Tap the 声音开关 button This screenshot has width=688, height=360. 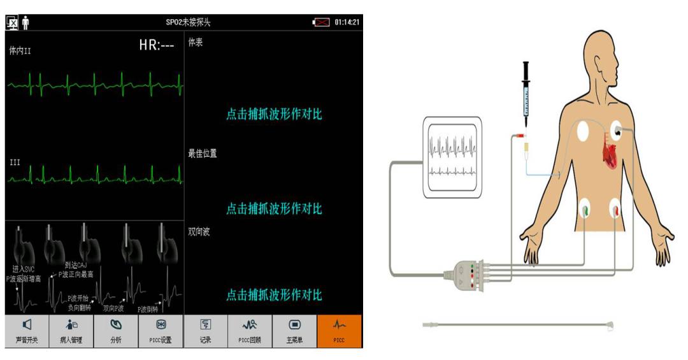tap(27, 331)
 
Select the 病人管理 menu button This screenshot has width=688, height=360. tap(71, 331)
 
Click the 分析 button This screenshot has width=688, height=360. tap(116, 331)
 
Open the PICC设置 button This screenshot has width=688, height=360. tap(161, 331)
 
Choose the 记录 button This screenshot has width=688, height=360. tap(205, 331)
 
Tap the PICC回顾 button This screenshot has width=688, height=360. tap(250, 331)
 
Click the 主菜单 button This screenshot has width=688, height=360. tap(294, 331)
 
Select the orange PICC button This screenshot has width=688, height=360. tap(339, 331)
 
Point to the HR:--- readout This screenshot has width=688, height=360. tap(156, 46)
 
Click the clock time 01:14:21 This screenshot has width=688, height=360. tap(347, 22)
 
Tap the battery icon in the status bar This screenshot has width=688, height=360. tap(320, 22)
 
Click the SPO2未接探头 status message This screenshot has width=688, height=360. tap(188, 22)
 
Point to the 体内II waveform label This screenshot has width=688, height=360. tap(20, 52)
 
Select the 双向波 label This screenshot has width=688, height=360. tap(199, 232)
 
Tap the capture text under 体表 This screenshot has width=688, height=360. tap(274, 115)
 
